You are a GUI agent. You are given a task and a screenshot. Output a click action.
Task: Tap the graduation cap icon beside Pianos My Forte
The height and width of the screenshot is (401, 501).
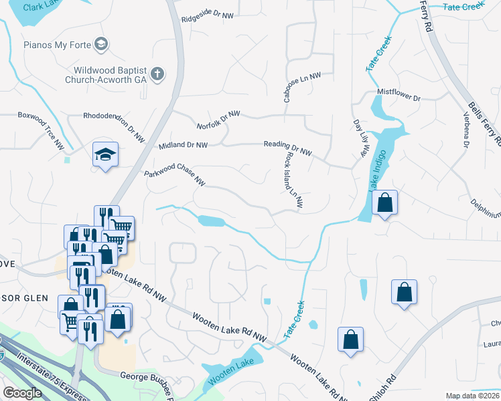tap(101, 45)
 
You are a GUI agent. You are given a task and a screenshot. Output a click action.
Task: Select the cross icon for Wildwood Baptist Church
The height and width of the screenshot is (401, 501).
tap(157, 74)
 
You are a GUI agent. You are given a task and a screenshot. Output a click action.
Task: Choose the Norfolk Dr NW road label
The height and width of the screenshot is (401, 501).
tap(218, 120)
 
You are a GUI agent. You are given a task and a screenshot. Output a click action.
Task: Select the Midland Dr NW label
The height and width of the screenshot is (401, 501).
tap(183, 145)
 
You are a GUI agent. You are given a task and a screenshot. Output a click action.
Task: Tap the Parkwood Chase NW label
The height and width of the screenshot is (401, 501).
tap(174, 177)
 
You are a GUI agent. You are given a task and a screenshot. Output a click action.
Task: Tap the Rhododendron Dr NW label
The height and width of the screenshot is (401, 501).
tap(113, 116)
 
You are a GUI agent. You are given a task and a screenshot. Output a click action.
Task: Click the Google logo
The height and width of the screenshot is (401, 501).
tap(22, 393)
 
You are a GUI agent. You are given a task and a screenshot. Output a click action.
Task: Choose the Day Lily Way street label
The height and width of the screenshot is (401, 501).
tap(360, 139)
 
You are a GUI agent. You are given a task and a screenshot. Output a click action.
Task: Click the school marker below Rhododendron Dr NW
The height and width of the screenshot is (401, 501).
tap(106, 155)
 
